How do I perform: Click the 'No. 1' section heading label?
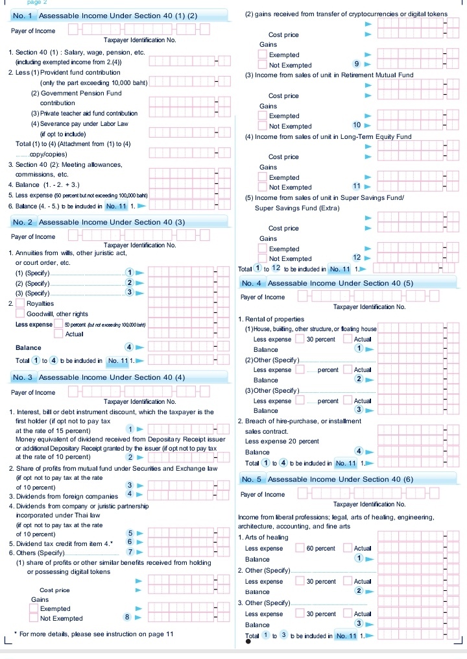coord(23,15)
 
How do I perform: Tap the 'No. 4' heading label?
coord(252,283)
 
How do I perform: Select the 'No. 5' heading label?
coord(252,479)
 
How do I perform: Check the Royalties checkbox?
coord(21,303)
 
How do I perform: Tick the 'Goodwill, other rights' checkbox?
coord(21,314)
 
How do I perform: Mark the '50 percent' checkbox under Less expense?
coord(59,324)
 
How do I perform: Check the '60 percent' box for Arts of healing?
coord(300,549)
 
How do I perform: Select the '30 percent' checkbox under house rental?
coord(300,339)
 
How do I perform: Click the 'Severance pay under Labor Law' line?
coord(84,123)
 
